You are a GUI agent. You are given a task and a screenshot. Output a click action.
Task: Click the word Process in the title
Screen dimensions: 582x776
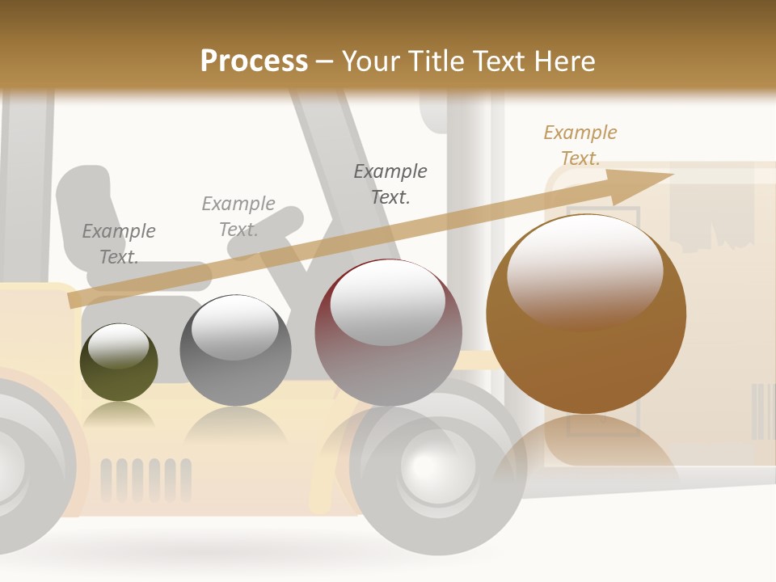[x=254, y=61]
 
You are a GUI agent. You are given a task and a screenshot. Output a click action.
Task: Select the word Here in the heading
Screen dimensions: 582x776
[x=565, y=61]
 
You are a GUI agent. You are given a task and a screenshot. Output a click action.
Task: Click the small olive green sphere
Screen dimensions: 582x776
[x=119, y=362]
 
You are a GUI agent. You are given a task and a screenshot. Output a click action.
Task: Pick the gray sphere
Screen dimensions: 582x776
[x=234, y=351]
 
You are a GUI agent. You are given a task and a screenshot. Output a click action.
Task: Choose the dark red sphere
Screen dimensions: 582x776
[x=388, y=333]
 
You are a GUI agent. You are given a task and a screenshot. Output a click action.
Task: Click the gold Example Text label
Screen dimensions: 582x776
[x=580, y=145]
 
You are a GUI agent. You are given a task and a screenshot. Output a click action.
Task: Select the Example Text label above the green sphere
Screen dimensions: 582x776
[x=119, y=244]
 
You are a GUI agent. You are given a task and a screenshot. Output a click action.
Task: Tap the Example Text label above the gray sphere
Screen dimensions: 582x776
[x=238, y=217]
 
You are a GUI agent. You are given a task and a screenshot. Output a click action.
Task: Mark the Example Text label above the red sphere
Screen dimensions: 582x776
[x=390, y=184]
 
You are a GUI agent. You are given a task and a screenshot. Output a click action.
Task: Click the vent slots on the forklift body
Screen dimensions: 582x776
[x=145, y=479]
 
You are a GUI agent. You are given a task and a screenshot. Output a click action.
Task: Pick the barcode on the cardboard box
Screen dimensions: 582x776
[x=762, y=411]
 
